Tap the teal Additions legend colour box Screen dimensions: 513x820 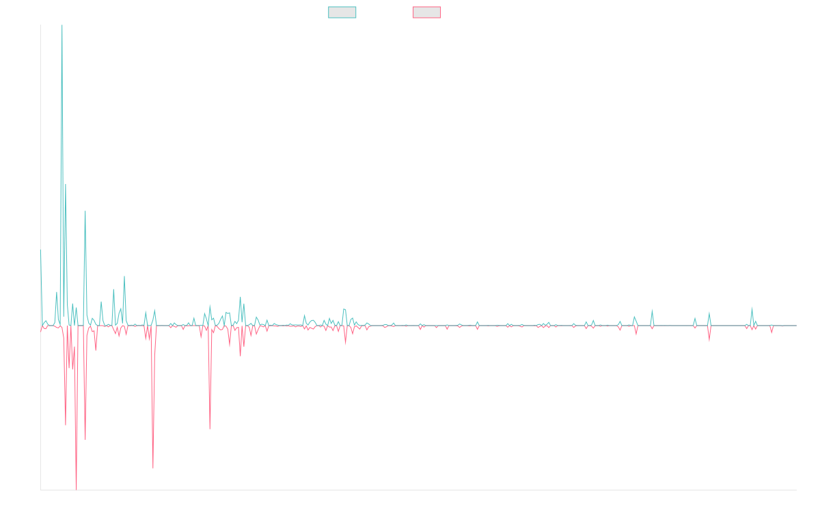point(342,12)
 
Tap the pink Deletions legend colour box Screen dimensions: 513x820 point(427,12)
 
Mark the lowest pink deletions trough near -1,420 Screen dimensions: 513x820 point(76,488)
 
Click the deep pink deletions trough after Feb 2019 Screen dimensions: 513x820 point(153,468)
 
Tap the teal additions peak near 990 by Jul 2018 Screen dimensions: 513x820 point(85,211)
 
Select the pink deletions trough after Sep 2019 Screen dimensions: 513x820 point(210,429)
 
